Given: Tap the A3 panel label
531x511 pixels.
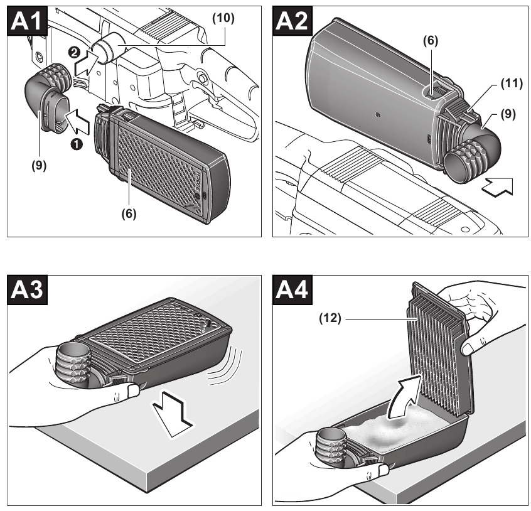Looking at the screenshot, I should pyautogui.click(x=26, y=290).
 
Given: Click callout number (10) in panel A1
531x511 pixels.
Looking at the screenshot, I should pyautogui.click(x=223, y=18).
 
